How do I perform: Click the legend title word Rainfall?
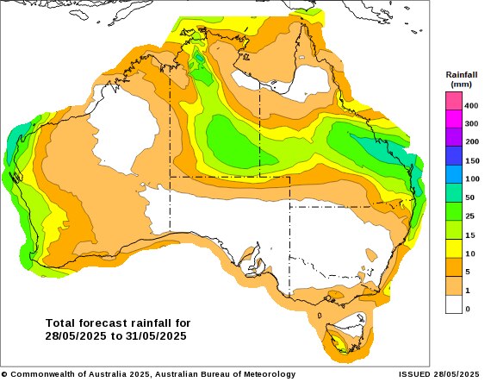pos(461,75)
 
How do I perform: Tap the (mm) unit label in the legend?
pos(461,85)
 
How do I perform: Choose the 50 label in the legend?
pos(471,197)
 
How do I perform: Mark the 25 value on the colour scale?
pos(471,216)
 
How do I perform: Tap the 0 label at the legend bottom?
pos(468,309)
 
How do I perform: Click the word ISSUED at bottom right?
pos(416,374)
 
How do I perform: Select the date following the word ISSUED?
pos(457,374)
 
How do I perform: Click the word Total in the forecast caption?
pos(61,323)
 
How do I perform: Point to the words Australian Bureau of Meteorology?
pos(224,374)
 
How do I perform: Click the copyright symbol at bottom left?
pos(4,374)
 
